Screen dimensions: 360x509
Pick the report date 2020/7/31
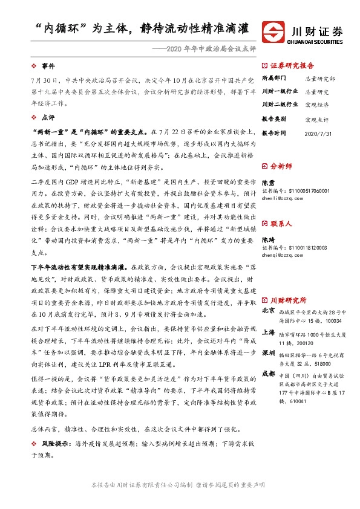pos(318,132)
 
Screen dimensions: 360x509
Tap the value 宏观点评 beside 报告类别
pos(316,119)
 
